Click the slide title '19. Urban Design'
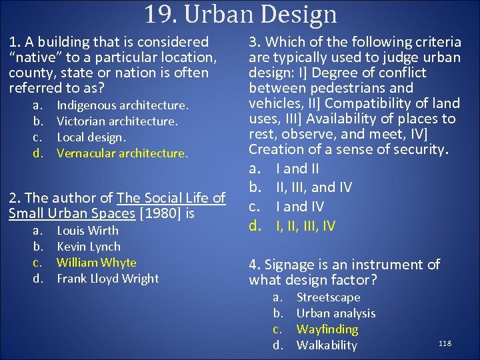(240, 14)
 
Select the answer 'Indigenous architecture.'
(123, 105)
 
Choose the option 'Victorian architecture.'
(117, 121)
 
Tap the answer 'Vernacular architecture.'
(123, 153)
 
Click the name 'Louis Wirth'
(87, 231)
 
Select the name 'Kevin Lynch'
(89, 247)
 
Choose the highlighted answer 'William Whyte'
(96, 263)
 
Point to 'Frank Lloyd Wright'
(108, 279)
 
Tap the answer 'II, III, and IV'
(314, 187)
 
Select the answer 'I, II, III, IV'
(306, 226)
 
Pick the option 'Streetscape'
(328, 297)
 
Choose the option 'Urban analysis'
(336, 313)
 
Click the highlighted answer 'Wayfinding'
(327, 329)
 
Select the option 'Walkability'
(327, 345)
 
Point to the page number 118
(445, 343)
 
